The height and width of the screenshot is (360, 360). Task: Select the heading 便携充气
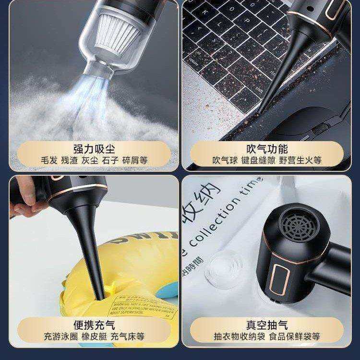(x=94, y=325)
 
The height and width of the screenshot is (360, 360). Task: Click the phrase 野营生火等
(x=301, y=160)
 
